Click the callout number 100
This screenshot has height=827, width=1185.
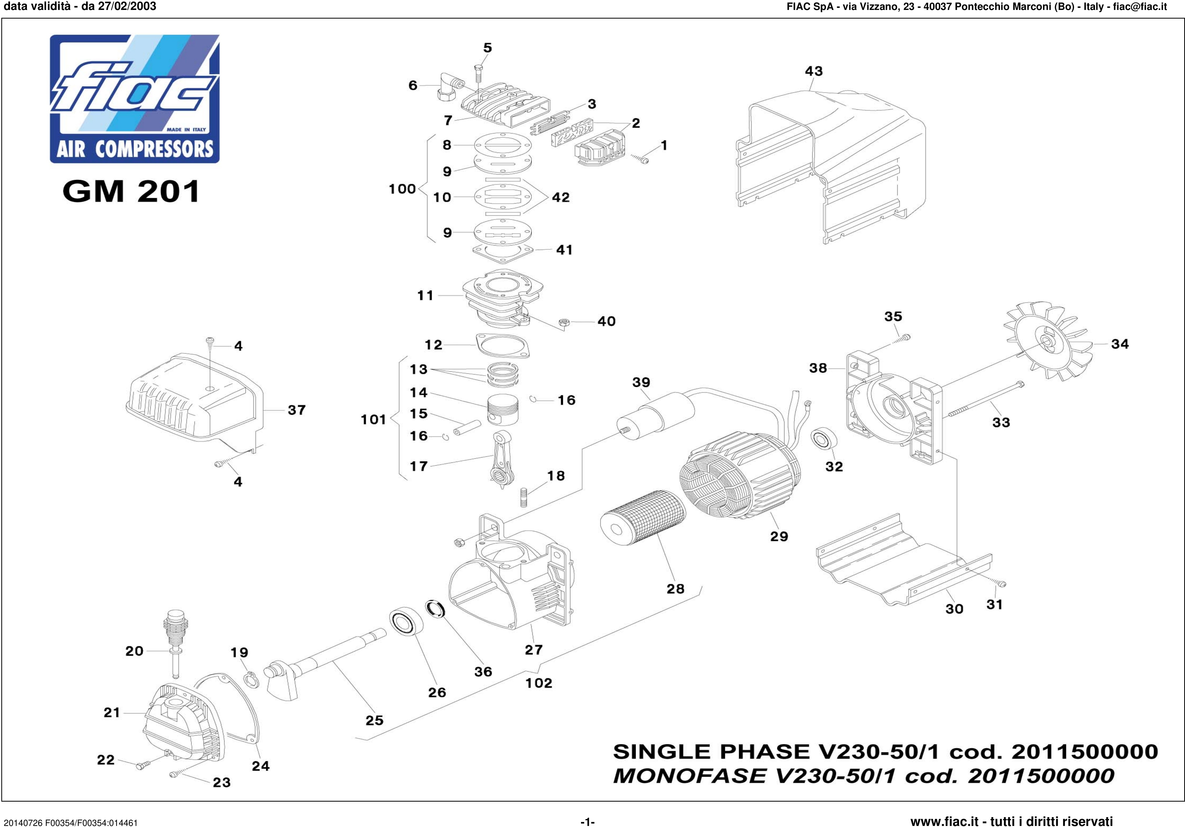[402, 189]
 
